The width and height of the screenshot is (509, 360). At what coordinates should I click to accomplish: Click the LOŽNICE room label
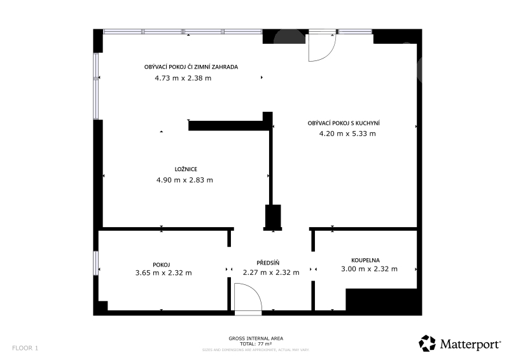186,169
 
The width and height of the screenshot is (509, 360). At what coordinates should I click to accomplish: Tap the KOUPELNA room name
365,260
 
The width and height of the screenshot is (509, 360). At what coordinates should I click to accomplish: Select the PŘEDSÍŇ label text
268,263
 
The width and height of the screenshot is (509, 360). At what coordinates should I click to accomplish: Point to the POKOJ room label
162,265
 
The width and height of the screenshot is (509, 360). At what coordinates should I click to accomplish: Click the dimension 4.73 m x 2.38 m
183,78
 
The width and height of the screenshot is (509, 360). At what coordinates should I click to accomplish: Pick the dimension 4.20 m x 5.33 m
347,134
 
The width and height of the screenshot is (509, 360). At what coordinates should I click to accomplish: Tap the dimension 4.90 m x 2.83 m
185,180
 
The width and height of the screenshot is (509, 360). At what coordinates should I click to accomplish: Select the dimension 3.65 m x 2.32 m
164,273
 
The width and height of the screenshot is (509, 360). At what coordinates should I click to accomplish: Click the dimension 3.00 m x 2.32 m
369,269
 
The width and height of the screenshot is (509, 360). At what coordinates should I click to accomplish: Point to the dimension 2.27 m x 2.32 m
271,272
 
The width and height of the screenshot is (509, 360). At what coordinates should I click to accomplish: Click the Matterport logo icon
427,343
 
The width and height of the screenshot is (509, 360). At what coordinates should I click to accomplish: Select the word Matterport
470,344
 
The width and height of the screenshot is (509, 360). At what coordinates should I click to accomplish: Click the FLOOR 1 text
25,348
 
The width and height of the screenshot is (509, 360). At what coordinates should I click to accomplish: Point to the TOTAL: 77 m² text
256,343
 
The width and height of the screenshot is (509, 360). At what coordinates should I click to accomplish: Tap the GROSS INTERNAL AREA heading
256,338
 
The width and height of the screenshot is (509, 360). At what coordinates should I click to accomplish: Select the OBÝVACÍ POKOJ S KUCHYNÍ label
344,123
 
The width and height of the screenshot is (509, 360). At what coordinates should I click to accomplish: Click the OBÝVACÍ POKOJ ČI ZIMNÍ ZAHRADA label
192,67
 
